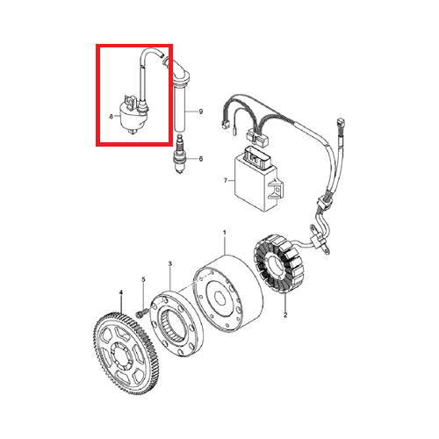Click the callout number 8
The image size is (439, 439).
click(112, 117)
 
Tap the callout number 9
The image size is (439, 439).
click(201, 112)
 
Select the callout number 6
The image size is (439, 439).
click(201, 159)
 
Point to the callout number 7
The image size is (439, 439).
click(226, 181)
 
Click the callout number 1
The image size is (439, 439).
click(225, 233)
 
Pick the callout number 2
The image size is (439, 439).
click(285, 315)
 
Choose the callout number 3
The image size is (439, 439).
click(170, 264)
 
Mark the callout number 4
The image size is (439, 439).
click(121, 292)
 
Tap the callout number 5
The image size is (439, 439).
click(143, 280)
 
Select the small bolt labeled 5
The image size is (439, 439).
click(140, 313)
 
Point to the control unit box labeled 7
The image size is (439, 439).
click(259, 180)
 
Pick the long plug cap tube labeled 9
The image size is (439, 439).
click(180, 107)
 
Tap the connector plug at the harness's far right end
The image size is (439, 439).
click(340, 122)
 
